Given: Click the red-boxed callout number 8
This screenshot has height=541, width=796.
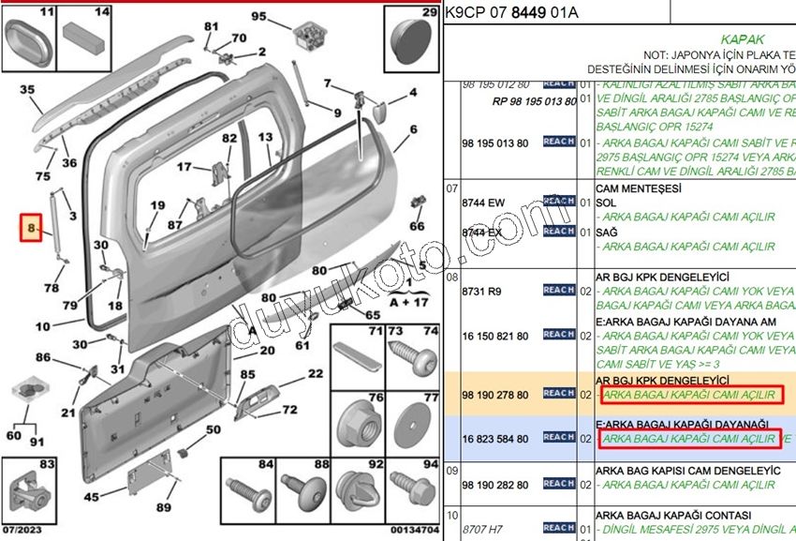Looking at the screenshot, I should point(32,228).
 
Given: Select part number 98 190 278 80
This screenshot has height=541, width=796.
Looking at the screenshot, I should point(495,396).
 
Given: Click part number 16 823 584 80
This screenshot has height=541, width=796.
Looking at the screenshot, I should point(495,438).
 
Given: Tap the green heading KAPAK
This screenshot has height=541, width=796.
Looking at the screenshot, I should point(743,40).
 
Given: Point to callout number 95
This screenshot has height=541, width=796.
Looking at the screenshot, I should point(258,16).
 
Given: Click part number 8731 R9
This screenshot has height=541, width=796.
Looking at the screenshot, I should point(483,292).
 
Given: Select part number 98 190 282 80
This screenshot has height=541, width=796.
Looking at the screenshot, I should point(495,485).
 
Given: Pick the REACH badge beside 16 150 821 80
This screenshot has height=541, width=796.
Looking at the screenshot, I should point(558,335).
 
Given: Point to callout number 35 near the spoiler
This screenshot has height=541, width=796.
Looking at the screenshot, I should point(26,91).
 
